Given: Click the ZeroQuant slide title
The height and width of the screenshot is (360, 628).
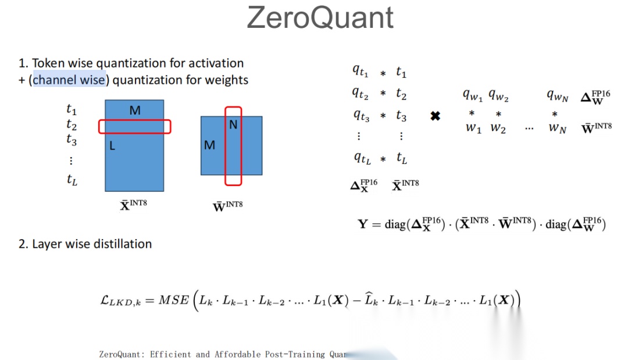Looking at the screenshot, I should [x=320, y=17].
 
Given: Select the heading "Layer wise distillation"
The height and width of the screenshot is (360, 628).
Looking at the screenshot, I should [x=92, y=244].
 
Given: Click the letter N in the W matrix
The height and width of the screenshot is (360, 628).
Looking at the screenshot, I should [x=233, y=124].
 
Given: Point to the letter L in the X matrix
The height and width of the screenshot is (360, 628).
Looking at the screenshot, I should [x=112, y=146].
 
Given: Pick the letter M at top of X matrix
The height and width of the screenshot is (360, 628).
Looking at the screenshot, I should [x=135, y=110].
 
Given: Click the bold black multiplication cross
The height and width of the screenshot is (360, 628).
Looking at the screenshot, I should [x=435, y=116].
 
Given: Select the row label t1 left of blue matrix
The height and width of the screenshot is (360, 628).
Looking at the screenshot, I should [x=72, y=109].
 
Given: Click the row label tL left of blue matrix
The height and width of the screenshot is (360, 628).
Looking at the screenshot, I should [x=72, y=180].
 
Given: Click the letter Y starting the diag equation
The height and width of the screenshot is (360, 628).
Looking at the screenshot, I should [x=363, y=224].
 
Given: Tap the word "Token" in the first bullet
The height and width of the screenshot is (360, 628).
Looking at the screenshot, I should [x=48, y=63].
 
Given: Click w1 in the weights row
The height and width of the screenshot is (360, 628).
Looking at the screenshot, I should [x=473, y=129].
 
